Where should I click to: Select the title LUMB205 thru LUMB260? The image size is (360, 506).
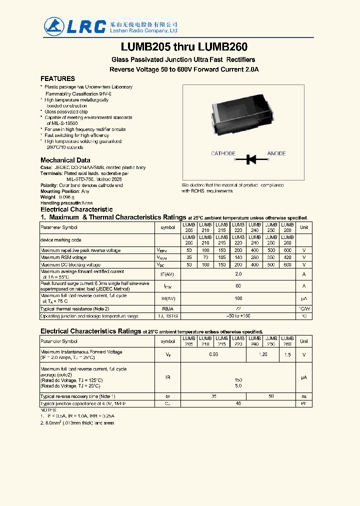[x=184, y=47]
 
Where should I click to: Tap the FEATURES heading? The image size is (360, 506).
[x=57, y=78]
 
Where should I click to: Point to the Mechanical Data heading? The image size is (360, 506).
[x=65, y=160]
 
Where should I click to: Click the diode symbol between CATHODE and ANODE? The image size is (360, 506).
[x=251, y=159]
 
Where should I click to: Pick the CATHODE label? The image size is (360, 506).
[x=223, y=153]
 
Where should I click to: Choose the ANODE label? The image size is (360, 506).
[x=276, y=153]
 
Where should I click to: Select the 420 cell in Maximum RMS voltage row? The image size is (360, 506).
[x=287, y=257]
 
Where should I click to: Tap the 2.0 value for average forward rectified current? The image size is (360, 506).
[x=238, y=274]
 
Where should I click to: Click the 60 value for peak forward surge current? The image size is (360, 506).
[x=238, y=286]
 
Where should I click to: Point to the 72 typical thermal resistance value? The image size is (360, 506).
[x=238, y=309]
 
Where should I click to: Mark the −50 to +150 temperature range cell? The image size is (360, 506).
[x=238, y=316]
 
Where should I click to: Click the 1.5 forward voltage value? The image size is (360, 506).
[x=287, y=354]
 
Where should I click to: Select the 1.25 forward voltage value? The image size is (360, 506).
[x=263, y=354]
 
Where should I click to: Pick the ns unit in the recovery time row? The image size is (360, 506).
[x=303, y=396]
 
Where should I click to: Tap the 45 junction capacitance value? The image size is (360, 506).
[x=238, y=403]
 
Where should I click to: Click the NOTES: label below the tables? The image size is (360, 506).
[x=48, y=409]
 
